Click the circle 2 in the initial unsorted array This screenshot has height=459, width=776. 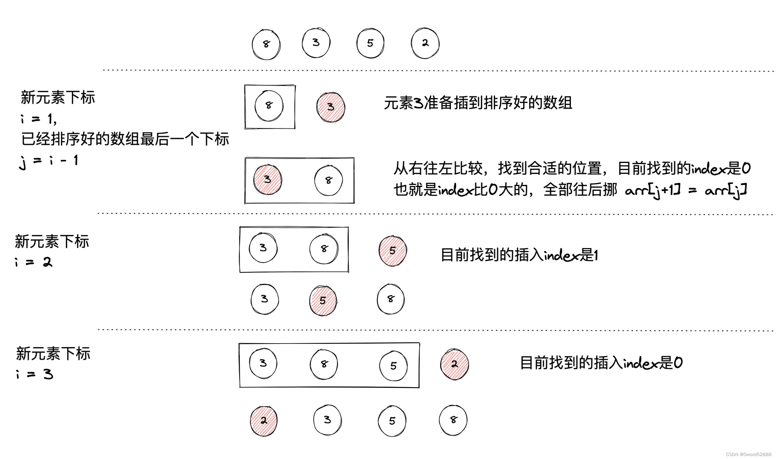click(x=425, y=43)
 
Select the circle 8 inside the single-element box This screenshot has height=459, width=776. click(x=269, y=106)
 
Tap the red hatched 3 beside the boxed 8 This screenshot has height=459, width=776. click(x=331, y=107)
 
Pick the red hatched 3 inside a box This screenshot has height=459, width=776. click(x=268, y=180)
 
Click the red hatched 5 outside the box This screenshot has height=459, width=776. click(x=393, y=251)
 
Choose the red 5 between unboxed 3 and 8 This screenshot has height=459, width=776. click(x=323, y=301)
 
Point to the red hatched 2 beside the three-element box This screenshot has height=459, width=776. click(x=454, y=364)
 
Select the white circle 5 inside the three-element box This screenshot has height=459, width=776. click(x=393, y=366)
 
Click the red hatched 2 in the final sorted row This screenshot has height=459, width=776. click(x=264, y=421)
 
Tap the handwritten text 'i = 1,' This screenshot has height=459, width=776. click(x=39, y=119)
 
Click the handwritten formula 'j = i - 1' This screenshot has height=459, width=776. click(x=48, y=162)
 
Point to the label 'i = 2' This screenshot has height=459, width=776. click(x=34, y=262)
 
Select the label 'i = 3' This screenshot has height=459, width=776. click(x=35, y=375)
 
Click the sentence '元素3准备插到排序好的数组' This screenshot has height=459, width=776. click(x=478, y=103)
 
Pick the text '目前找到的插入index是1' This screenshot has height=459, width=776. click(x=519, y=255)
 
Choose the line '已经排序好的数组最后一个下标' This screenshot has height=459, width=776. click(x=125, y=139)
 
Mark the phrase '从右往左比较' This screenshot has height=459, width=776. click(x=438, y=169)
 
